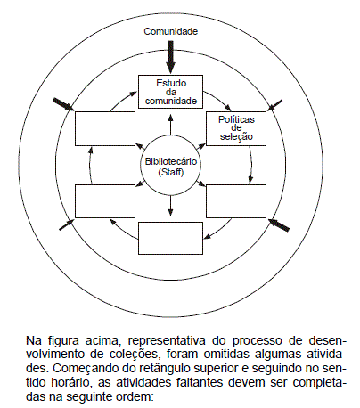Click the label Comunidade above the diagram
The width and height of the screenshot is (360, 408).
coord(170,31)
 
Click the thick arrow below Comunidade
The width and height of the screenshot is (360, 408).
coord(170,57)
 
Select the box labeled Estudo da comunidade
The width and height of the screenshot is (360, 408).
coord(170,92)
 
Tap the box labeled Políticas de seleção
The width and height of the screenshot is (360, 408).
coord(236,128)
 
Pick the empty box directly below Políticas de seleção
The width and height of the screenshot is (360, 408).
coord(236,201)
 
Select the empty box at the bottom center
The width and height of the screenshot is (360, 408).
coord(170,238)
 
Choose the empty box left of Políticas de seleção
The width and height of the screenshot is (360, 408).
coord(105,128)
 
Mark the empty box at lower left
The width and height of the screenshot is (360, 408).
coord(105,201)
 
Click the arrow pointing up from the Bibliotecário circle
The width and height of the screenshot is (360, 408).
coord(170,125)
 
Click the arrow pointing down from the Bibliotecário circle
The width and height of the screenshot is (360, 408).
coord(170,206)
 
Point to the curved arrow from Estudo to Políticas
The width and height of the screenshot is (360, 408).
coord(220,99)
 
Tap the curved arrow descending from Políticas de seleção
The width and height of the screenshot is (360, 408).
coord(251,165)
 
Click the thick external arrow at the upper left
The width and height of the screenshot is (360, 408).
coord(63,104)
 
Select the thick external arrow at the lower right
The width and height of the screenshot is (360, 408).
coord(279,224)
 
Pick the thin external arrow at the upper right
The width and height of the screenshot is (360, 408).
coord(274,105)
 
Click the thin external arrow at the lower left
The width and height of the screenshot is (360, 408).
coord(67,224)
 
